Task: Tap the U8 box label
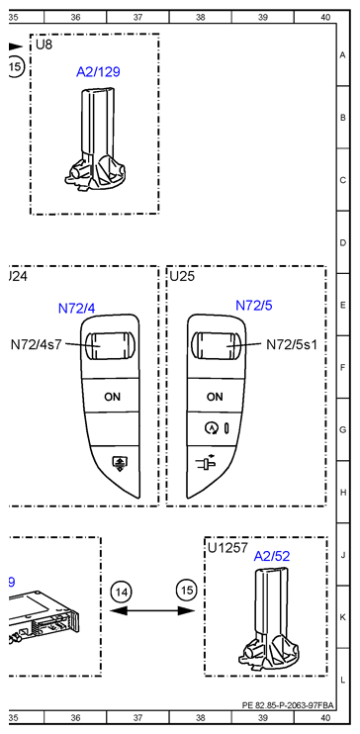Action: (x=45, y=46)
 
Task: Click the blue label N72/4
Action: (x=76, y=308)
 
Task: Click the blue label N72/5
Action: (x=253, y=306)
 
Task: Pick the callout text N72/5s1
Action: (x=298, y=345)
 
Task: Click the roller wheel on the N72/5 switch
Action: (x=215, y=347)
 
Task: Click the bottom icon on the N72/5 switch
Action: (x=214, y=460)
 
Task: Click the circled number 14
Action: (x=122, y=592)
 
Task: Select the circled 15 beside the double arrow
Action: (x=186, y=592)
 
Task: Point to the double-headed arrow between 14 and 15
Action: (x=153, y=613)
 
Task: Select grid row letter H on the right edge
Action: (x=342, y=492)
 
